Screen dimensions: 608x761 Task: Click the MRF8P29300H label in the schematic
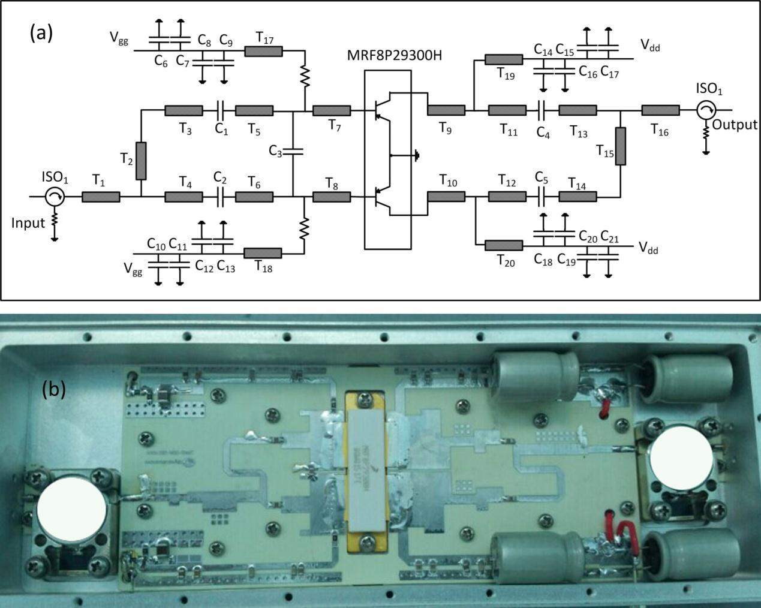387,57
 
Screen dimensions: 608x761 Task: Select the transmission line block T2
141,161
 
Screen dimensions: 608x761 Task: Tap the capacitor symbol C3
292,151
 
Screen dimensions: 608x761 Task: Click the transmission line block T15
621,146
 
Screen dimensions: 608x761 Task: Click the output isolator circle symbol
706,110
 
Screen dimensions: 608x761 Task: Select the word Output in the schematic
735,125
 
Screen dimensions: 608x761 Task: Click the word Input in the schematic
28,223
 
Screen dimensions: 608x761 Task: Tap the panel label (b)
53,390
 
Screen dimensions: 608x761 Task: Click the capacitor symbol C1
219,110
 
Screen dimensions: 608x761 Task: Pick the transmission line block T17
263,52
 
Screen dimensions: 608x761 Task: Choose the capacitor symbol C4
542,110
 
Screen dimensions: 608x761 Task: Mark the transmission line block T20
503,245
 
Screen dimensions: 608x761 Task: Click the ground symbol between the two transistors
416,156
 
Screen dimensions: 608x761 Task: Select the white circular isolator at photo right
682,457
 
